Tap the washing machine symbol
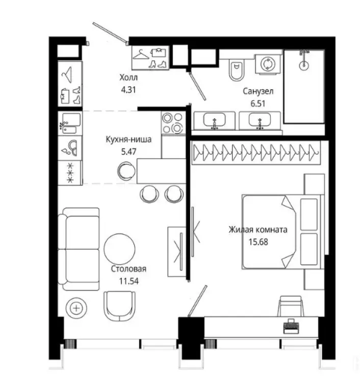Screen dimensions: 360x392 268,64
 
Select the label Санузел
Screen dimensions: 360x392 258,91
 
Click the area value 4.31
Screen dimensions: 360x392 128,90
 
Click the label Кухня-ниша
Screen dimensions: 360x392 128,139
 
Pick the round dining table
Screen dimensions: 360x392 120,249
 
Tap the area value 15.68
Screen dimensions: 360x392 259,242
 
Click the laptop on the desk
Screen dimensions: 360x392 291,326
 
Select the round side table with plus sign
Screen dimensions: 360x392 76,308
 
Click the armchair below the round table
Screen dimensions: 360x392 120,306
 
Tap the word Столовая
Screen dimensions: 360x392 128,269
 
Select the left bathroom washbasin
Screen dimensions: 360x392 214,120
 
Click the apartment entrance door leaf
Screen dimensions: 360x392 111,32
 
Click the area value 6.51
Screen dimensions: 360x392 258,103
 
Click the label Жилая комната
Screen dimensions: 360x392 258,230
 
